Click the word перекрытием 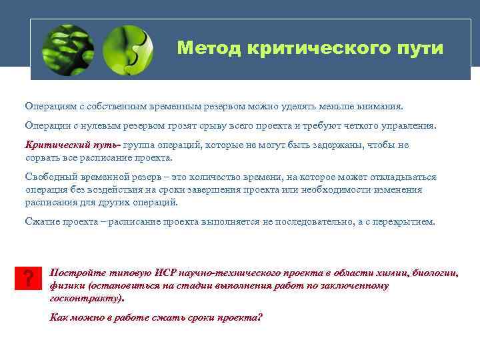tap(405, 221)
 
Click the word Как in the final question tap(60, 317)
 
